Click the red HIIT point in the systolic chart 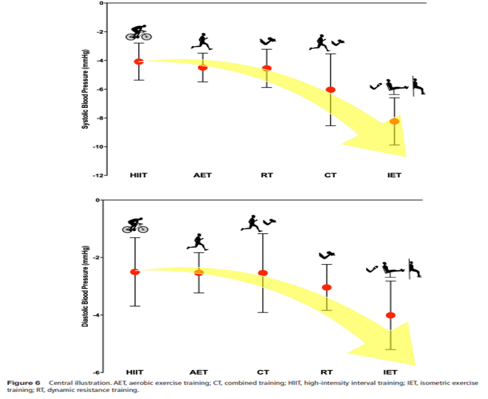tap(139, 61)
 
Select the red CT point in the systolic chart tap(330, 90)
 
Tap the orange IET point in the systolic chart tap(394, 122)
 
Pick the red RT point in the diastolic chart tap(327, 287)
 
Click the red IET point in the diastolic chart tap(390, 315)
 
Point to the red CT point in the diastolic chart tap(263, 273)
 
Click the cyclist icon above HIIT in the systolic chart tap(139, 33)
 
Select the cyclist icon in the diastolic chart tap(135, 225)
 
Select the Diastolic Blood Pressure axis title tap(85, 286)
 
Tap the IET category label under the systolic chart tap(394, 175)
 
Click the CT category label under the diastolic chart tap(263, 372)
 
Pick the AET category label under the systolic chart tap(202, 175)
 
